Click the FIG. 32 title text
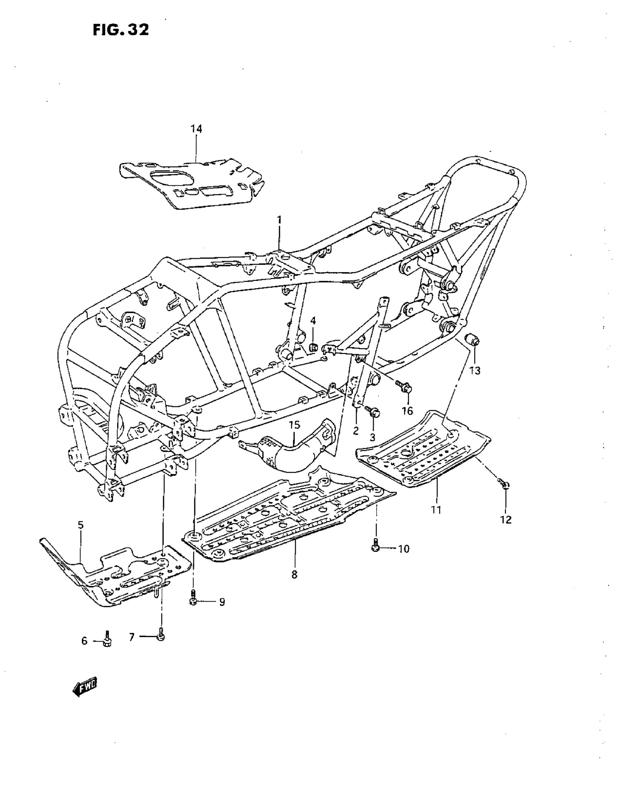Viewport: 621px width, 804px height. point(121,30)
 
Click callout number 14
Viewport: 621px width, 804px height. point(196,129)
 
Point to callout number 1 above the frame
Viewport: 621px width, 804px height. point(279,220)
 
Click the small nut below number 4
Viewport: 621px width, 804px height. point(313,346)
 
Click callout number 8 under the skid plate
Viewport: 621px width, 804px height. point(294,574)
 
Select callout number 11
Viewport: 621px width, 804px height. point(437,510)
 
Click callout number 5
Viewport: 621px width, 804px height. point(81,525)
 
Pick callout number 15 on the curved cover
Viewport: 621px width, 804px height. point(294,426)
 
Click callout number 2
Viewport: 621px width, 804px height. point(355,431)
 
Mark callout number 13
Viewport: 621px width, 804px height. point(475,371)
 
